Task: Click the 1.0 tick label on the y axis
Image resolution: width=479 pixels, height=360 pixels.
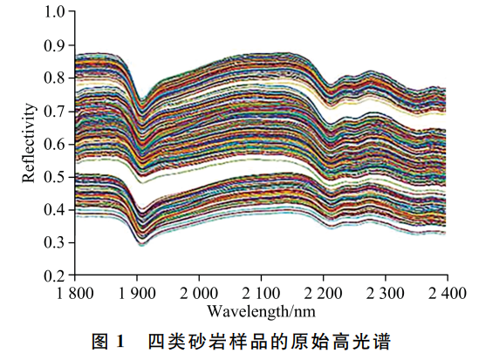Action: (55, 12)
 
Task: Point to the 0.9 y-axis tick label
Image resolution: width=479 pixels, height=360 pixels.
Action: (55, 45)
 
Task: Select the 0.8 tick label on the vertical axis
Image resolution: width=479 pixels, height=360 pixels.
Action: (55, 78)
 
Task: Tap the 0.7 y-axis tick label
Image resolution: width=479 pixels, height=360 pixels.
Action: (55, 111)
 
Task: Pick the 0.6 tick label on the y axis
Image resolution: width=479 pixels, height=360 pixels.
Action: (55, 144)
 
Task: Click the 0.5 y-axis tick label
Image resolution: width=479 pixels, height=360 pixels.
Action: (55, 177)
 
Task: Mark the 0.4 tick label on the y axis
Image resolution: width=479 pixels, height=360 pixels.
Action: (55, 209)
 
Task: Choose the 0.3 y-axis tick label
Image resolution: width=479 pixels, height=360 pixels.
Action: (55, 242)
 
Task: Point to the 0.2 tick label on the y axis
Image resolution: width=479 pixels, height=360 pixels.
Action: (55, 275)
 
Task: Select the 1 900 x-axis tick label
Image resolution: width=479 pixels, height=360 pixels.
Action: (138, 291)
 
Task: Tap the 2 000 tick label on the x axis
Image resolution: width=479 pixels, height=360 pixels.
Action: (200, 291)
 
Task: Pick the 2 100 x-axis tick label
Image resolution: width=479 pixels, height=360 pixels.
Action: (262, 291)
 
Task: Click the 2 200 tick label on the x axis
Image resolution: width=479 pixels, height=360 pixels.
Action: (324, 291)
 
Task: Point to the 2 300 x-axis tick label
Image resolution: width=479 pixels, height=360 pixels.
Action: (386, 291)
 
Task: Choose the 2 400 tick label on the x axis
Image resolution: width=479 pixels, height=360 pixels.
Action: (447, 291)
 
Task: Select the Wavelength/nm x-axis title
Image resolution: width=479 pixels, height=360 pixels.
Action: (261, 309)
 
